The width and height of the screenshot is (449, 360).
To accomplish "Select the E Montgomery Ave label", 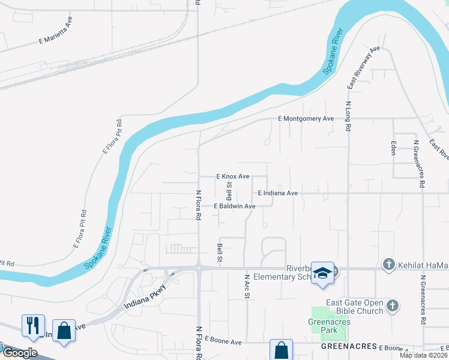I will coord(306,119).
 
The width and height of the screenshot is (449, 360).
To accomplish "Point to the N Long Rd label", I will coord(348,116).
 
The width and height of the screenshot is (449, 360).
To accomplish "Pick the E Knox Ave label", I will coord(232,176).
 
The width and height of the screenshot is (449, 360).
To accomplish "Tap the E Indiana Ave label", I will coord(277,193).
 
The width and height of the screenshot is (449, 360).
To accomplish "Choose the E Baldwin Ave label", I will coord(235,206).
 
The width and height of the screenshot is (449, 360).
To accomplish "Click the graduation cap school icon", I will coord(322,273).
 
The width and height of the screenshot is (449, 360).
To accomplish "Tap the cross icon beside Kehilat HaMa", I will coord(388,264).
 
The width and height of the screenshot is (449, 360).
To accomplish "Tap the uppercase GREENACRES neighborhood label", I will coord(349,347).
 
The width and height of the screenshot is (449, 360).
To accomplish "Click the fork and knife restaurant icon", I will coord(32,325).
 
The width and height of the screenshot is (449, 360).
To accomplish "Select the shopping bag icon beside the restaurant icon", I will coord(64,331).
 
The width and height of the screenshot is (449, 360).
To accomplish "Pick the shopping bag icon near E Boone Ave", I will coord(280,350).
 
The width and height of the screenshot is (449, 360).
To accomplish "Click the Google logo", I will coord(20,353).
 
